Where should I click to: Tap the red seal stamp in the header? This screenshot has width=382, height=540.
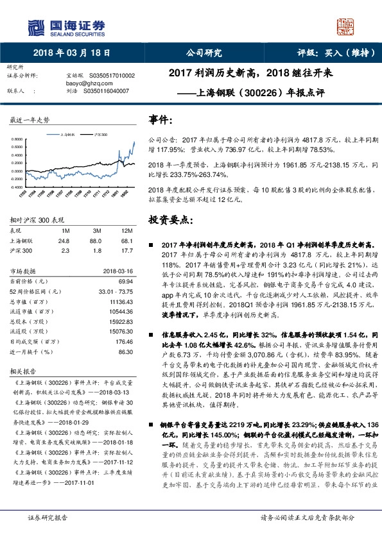[345, 26]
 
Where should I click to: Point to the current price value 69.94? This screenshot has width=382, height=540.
[126, 281]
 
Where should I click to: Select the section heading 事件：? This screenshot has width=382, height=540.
[161, 120]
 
